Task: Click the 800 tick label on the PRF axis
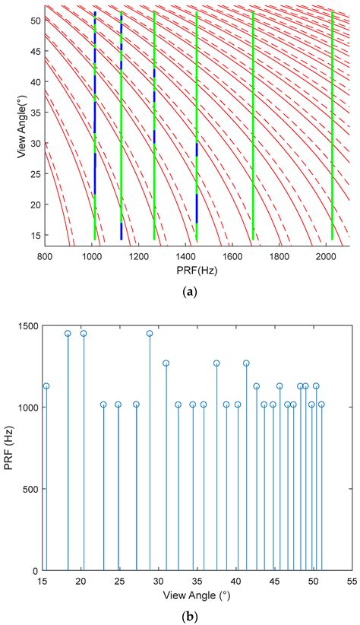pyautogui.click(x=44, y=257)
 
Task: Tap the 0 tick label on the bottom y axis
pyautogui.click(x=35, y=570)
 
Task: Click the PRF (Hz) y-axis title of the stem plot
pyautogui.click(x=10, y=448)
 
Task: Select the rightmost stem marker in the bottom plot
pyautogui.click(x=321, y=405)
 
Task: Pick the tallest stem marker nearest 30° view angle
pyautogui.click(x=150, y=333)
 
